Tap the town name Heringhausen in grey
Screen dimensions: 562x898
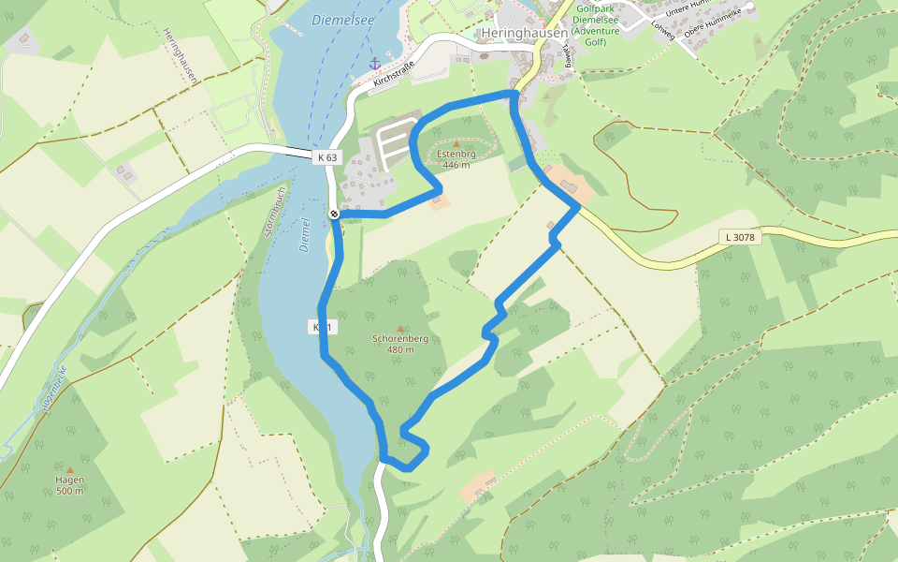(x=524, y=33)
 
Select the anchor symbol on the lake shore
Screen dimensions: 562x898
(x=375, y=64)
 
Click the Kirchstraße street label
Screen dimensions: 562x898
(x=393, y=75)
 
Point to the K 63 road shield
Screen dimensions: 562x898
(x=326, y=156)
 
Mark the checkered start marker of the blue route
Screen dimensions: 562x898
(x=334, y=214)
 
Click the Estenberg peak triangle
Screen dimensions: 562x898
(x=456, y=144)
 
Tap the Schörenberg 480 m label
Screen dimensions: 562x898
(x=400, y=344)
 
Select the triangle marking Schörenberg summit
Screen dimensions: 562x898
(x=400, y=329)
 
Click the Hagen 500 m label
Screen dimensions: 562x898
(x=69, y=485)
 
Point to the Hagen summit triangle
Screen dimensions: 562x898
(x=69, y=469)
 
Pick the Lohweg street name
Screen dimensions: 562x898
(x=662, y=31)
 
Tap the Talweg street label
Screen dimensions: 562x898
(x=564, y=58)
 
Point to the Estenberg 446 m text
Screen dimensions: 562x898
(x=456, y=159)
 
